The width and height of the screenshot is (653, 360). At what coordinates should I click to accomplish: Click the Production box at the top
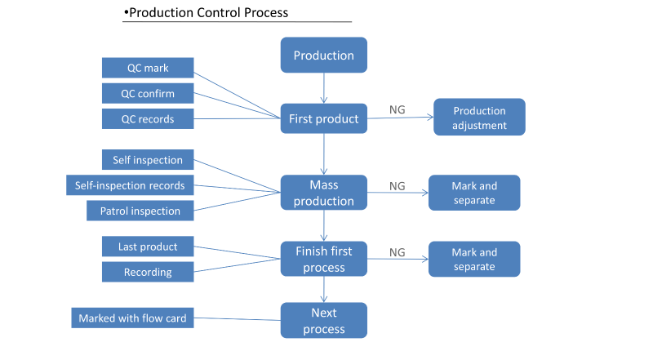pos(323,55)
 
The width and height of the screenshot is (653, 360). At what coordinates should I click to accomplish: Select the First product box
pos(323,118)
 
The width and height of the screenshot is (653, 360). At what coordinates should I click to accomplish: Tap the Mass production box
pos(323,193)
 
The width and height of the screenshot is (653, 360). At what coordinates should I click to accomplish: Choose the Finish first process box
pos(323,259)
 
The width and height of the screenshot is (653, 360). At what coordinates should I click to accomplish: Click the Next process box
pos(323,321)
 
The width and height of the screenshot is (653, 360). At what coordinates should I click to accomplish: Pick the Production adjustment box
pos(479,117)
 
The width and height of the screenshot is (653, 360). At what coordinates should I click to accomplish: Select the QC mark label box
pos(148,68)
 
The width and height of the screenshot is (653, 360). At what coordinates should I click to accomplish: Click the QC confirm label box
pos(148,93)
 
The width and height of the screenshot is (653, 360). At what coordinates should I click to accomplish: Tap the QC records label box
pos(148,118)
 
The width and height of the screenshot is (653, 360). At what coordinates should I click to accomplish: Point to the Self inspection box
pos(148,159)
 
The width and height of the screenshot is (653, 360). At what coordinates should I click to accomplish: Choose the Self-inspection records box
pos(130,185)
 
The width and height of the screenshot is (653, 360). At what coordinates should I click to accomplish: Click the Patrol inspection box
pos(140,211)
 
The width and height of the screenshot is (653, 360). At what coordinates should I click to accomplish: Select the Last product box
pos(148,247)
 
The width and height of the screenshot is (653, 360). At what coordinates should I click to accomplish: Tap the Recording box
pos(148,272)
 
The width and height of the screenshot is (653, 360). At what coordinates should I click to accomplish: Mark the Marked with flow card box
pos(132,318)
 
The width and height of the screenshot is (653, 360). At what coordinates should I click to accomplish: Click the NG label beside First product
pos(397,109)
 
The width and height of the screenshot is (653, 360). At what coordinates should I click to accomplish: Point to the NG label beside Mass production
pos(397,186)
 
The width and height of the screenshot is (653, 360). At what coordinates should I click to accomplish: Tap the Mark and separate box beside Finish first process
pos(474,259)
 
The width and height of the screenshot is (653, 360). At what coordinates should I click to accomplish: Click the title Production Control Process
pos(207,12)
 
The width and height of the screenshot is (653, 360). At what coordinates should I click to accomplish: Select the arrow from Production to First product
pos(323,88)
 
